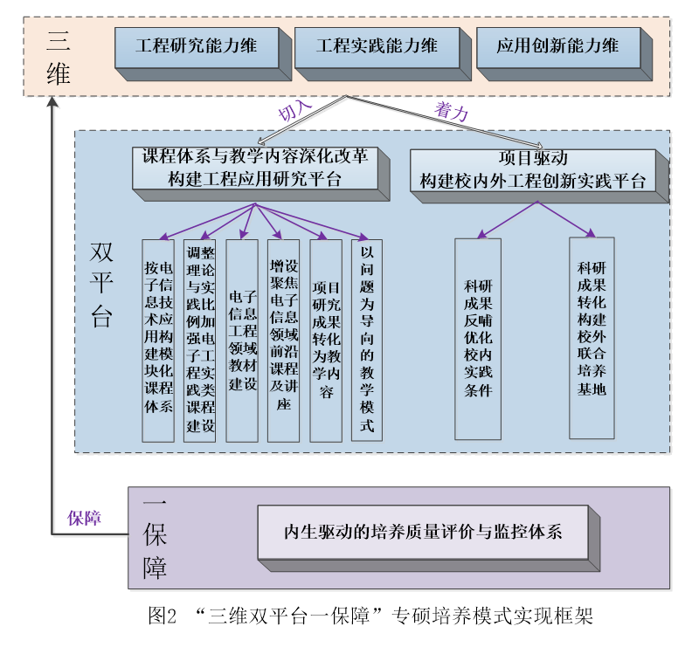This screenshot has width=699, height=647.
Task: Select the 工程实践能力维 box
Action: click(x=377, y=45)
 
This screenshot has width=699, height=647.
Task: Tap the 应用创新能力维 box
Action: click(x=557, y=45)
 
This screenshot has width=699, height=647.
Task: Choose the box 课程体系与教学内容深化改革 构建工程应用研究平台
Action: click(x=254, y=169)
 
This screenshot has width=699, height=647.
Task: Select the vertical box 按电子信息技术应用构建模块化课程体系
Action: click(x=158, y=339)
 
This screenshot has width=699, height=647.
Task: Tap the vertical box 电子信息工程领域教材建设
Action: click(x=242, y=339)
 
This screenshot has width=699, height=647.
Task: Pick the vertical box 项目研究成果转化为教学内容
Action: click(x=326, y=339)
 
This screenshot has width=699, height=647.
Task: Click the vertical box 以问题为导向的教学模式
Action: click(x=367, y=339)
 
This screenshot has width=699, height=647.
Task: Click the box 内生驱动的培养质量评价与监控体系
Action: click(x=423, y=532)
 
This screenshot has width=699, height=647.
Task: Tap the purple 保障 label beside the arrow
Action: click(x=85, y=518)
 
